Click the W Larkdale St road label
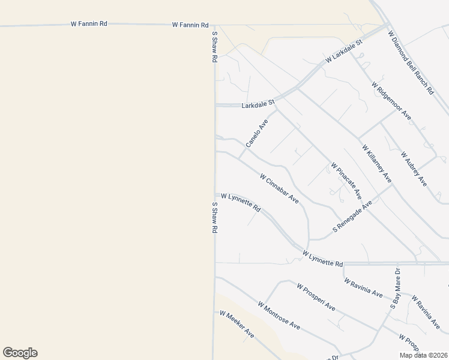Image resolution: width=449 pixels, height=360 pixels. (x=345, y=52)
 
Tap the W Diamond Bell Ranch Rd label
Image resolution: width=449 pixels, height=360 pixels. (x=411, y=62)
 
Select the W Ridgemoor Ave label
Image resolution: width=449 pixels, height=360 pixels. (x=391, y=101)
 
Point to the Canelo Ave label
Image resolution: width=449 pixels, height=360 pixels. (x=257, y=133)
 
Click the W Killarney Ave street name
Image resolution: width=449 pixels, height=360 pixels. (x=376, y=163)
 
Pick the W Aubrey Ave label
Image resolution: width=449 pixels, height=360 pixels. (x=414, y=169)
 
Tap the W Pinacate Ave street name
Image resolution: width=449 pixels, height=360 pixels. (x=346, y=180)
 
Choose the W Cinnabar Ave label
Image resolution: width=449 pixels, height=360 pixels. (x=279, y=188)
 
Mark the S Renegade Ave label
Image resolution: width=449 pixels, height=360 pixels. (x=353, y=217)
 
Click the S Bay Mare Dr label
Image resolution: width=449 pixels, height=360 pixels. (x=395, y=289)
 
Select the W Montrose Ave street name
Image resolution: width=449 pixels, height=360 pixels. (x=279, y=315)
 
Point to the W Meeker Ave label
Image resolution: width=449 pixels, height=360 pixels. (x=237, y=325)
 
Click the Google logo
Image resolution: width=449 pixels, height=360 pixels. (x=20, y=353)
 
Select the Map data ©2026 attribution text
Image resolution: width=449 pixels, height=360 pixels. (x=423, y=355)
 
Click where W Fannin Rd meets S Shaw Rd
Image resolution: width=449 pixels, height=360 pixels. (x=214, y=25)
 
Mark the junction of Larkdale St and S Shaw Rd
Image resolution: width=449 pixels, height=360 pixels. (x=215, y=105)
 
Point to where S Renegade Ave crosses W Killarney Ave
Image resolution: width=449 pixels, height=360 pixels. (x=392, y=184)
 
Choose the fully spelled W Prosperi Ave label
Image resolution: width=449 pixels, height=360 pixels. (x=316, y=297)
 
